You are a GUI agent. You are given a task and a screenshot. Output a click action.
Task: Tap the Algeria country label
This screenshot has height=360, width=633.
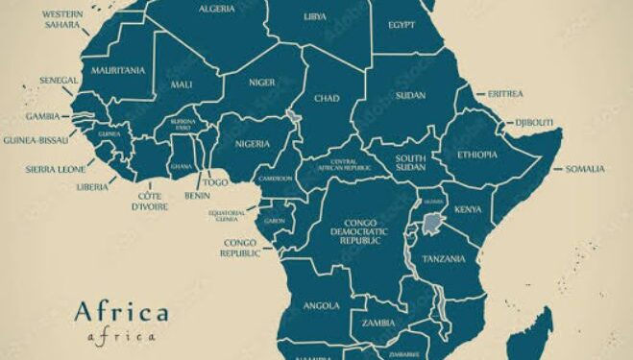pyautogui.click(x=216, y=9)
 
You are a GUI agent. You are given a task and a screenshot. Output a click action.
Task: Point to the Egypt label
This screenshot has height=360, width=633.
pyautogui.click(x=402, y=24)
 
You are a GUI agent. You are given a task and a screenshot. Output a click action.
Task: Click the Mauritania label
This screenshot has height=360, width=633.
pyautogui.click(x=118, y=70)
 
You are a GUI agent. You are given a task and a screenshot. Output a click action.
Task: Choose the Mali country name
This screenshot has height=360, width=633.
pyautogui.click(x=182, y=84)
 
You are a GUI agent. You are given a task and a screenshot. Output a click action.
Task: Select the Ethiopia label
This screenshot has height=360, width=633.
pyautogui.click(x=478, y=155)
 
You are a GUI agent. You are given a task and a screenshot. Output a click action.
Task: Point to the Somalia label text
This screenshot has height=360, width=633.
pyautogui.click(x=585, y=169)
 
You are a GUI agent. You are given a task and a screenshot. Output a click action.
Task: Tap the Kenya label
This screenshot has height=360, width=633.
pyautogui.click(x=468, y=208)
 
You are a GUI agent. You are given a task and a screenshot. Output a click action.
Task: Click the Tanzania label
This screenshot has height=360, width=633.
pyautogui.click(x=446, y=259)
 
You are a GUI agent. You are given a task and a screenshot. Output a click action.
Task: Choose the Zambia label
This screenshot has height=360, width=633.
pyautogui.click(x=379, y=324)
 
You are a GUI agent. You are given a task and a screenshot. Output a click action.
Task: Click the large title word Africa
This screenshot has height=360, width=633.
pyautogui.click(x=121, y=312)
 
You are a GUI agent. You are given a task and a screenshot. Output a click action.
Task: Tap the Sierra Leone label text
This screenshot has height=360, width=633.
pyautogui.click(x=55, y=170)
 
